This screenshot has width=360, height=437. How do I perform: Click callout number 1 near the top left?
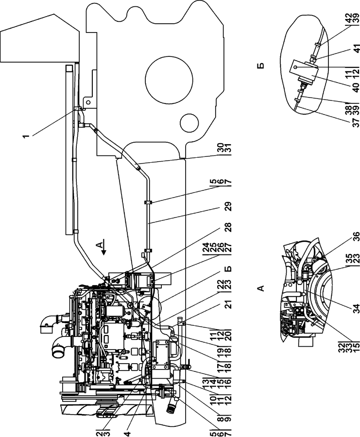[26, 136]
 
